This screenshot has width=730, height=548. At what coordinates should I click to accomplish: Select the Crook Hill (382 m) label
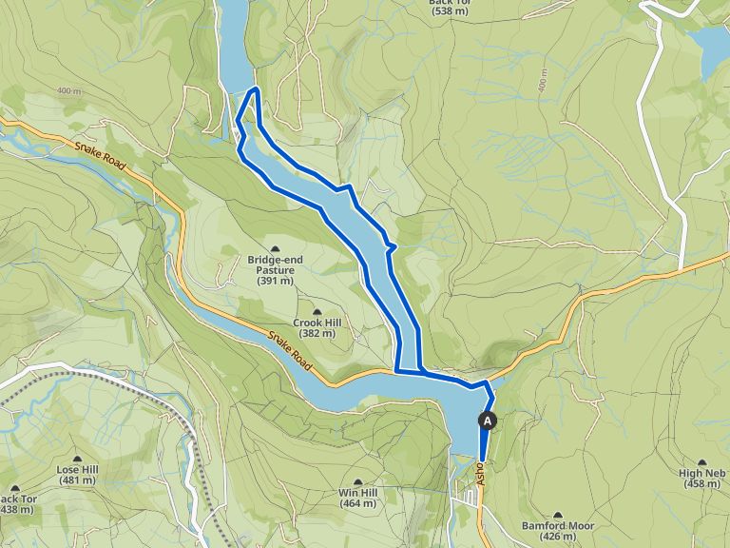pyautogui.click(x=317, y=328)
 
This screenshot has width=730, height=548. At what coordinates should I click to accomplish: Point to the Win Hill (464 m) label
pyautogui.click(x=357, y=498)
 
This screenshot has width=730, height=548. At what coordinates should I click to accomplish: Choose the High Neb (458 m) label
pyautogui.click(x=702, y=479)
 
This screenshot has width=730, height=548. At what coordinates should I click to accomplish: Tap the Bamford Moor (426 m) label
pyautogui.click(x=557, y=530)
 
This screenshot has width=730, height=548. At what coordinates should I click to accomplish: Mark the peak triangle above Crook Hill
pyautogui.click(x=317, y=312)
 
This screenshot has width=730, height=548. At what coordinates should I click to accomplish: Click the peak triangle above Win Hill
pyautogui.click(x=357, y=482)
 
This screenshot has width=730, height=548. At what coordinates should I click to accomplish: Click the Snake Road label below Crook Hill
pyautogui.click(x=289, y=342)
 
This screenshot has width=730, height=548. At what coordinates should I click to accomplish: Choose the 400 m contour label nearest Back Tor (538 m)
pyautogui.click(x=543, y=82)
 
